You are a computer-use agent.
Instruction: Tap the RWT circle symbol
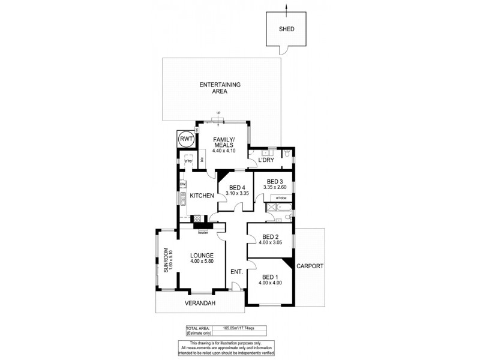pyautogui.click(x=187, y=140)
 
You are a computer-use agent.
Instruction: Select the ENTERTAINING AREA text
pyautogui.click(x=220, y=88)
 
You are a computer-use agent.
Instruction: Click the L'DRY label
pyautogui.click(x=266, y=159)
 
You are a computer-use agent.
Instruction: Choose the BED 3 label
pyautogui.click(x=275, y=181)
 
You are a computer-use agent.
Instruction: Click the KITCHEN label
pyautogui.click(x=202, y=196)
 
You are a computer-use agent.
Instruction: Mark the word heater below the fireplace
pyautogui.click(x=202, y=232)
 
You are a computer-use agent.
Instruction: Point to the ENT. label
pyautogui.click(x=236, y=272)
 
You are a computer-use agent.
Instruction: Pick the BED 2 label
pyautogui.click(x=270, y=236)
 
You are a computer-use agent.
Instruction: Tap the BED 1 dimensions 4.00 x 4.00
pyautogui.click(x=270, y=282)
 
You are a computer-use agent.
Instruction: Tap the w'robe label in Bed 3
pyautogui.click(x=280, y=197)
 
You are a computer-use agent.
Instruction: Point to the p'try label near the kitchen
pyautogui.click(x=188, y=161)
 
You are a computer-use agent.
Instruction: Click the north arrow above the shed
pyautogui.click(x=286, y=7)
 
